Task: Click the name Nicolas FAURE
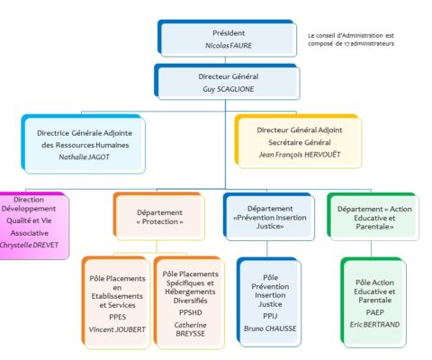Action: (x=229, y=46)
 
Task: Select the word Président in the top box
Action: (x=229, y=33)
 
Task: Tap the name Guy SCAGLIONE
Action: (x=229, y=89)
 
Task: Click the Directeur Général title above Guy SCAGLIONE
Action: (x=229, y=76)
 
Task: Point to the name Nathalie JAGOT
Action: (x=84, y=157)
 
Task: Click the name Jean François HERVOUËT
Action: (x=300, y=155)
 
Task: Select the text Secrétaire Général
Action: (x=300, y=142)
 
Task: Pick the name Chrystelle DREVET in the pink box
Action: (x=29, y=245)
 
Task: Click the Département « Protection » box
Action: (x=160, y=217)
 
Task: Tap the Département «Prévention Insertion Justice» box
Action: (x=270, y=217)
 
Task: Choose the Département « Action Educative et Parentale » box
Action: (x=373, y=217)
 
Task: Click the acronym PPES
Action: (x=117, y=317)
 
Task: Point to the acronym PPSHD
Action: (x=191, y=312)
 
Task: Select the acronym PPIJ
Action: (x=270, y=316)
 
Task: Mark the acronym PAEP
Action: (x=374, y=312)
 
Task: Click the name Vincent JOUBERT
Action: (x=117, y=329)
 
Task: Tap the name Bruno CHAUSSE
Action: (x=270, y=328)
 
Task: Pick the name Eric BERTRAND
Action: (x=374, y=325)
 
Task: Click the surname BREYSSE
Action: (x=191, y=334)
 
